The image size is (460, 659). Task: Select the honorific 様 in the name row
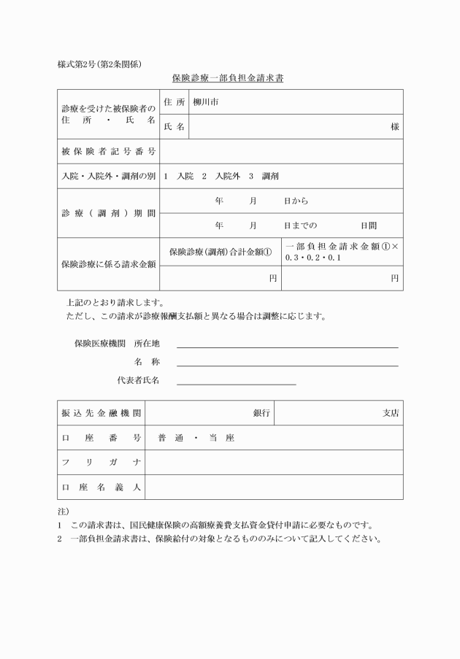coord(394,127)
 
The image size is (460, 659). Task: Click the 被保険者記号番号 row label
coord(108,152)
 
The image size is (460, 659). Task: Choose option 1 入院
coord(179,177)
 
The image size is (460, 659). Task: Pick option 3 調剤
coord(264,177)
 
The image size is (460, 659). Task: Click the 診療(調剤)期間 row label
coord(108,213)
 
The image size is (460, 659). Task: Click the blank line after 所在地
coord(287,346)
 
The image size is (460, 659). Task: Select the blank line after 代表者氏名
coord(236,382)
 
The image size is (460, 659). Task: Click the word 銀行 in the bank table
coord(261,413)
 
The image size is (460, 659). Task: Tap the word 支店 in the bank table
coord(391,413)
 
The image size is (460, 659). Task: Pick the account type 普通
coord(170,438)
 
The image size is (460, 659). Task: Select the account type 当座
coord(221,438)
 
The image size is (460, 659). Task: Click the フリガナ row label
coord(101,463)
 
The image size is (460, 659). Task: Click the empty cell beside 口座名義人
coord(274,487)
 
